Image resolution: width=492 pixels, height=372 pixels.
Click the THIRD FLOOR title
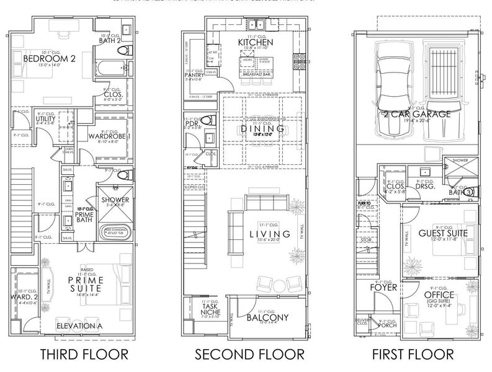[84, 355]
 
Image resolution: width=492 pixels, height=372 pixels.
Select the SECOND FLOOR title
[249, 355]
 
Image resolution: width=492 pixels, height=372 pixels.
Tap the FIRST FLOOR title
[413, 355]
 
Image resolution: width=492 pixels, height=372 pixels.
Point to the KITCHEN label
[256, 42]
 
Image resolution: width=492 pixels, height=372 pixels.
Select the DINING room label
[261, 129]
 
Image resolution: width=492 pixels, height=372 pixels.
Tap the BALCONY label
[267, 317]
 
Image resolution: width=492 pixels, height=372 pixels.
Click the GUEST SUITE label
[439, 232]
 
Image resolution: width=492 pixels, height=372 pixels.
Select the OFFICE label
[439, 295]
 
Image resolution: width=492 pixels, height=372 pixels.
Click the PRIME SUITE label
[85, 283]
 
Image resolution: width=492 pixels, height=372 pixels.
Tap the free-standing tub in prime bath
[115, 232]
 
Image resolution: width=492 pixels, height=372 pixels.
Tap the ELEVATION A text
[79, 325]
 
